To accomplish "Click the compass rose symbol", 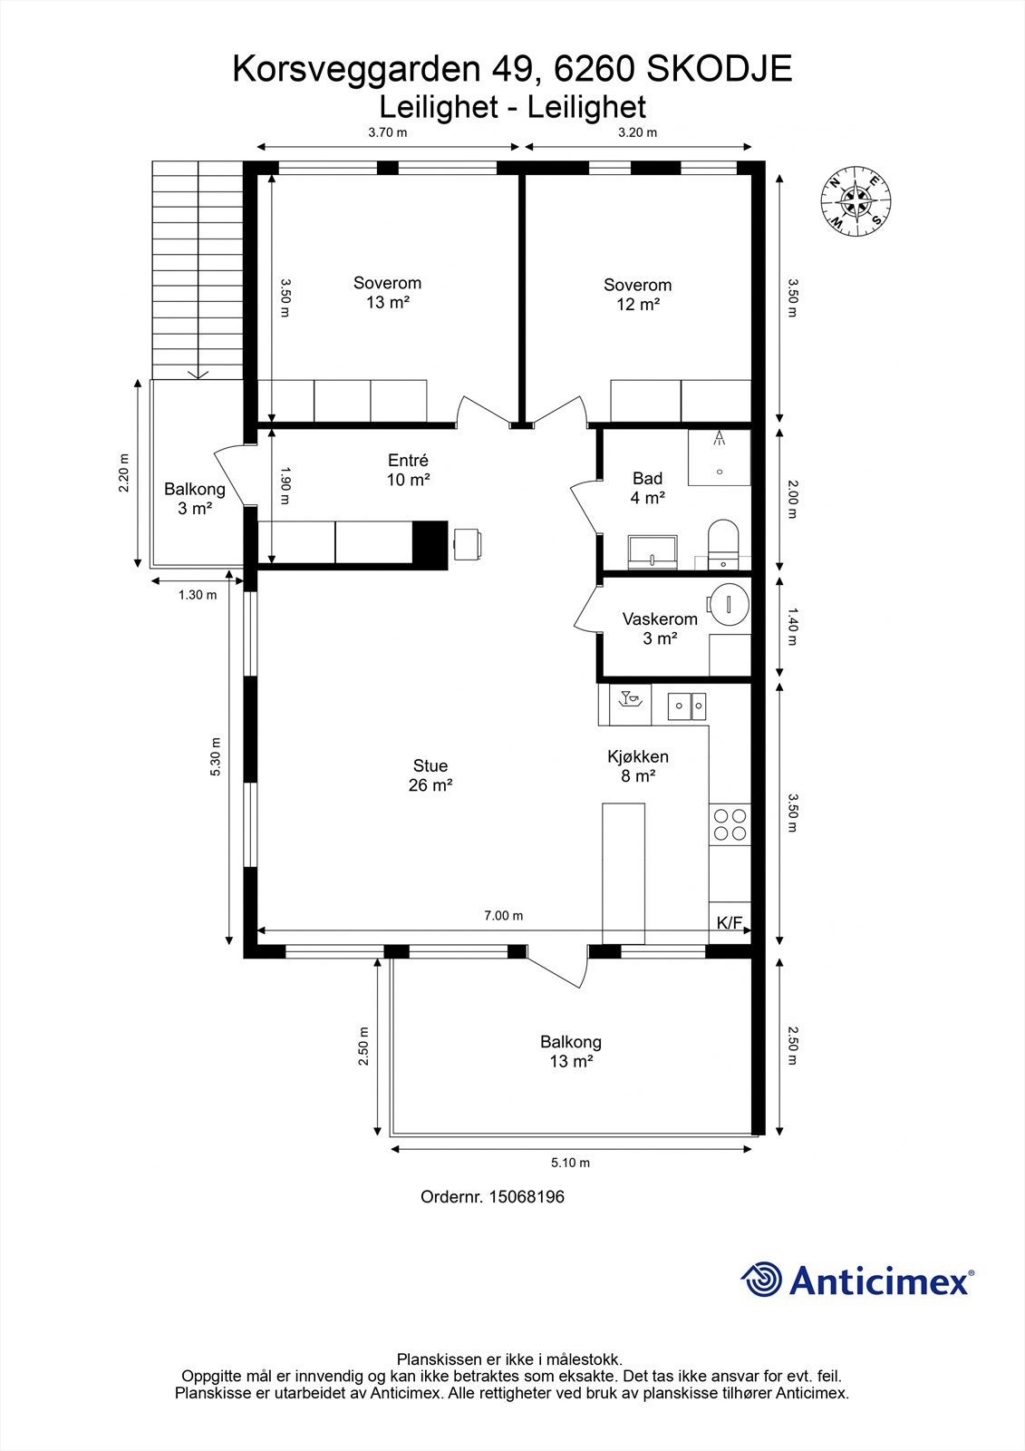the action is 856,201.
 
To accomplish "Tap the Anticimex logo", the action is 857,1280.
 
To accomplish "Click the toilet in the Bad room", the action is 723,542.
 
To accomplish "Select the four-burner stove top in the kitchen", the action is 730,824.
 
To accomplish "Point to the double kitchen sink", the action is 686,706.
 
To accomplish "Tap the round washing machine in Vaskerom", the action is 729,604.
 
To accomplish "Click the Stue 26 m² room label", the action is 430,775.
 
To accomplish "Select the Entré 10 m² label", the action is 409,470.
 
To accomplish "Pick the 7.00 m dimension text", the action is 504,916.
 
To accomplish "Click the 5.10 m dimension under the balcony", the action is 570,1163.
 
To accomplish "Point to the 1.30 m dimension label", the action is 198,595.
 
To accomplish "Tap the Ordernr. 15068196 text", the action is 493,1196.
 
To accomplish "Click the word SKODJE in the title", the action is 720,69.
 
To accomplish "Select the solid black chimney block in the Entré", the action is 430,545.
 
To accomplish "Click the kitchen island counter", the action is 624,873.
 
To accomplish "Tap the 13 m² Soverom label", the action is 387,292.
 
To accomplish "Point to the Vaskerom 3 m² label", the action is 660,628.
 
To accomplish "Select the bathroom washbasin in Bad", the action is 652,552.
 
